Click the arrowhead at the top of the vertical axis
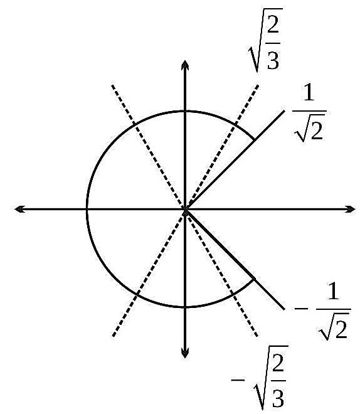click(x=185, y=65)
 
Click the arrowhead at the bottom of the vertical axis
click(x=185, y=353)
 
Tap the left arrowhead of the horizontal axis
click(x=19, y=209)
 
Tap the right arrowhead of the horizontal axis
click(x=350, y=209)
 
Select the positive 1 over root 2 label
click(x=309, y=115)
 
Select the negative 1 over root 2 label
click(x=323, y=313)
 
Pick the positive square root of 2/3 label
click(x=266, y=40)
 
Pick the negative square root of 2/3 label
click(x=260, y=378)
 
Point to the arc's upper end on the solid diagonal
click(x=254, y=140)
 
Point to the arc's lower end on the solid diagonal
click(x=254, y=279)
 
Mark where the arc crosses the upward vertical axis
click(x=185, y=111)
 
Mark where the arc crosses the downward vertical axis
click(x=185, y=307)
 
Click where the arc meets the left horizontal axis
click(x=87, y=209)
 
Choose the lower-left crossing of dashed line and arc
click(x=136, y=294)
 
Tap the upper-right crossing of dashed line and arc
click(x=235, y=124)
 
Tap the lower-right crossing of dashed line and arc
click(x=233, y=293)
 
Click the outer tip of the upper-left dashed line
click(x=112, y=85)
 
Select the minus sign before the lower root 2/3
click(x=238, y=380)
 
